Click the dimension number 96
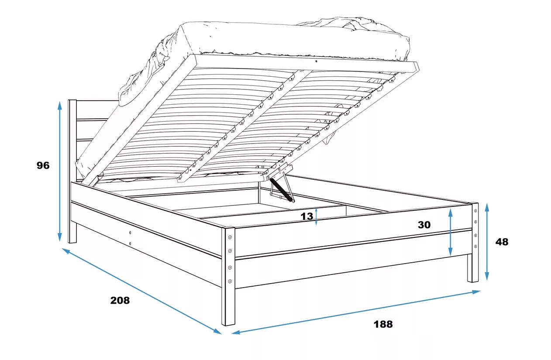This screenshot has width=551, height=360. (43, 165)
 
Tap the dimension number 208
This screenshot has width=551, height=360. (120, 300)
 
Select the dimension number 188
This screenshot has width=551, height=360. (383, 324)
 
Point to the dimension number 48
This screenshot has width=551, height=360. (502, 242)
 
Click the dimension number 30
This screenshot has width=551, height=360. (424, 225)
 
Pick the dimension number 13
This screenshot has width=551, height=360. (307, 216)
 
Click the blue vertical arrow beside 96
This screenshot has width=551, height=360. (59, 171)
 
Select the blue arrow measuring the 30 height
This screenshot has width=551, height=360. (451, 232)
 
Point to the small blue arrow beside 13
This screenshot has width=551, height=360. (316, 216)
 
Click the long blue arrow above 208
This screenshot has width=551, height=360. (142, 291)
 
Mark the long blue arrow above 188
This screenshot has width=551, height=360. (356, 312)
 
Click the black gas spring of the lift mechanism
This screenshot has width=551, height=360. (282, 190)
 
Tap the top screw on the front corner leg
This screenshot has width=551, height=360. (230, 237)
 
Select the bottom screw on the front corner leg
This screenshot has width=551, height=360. (230, 281)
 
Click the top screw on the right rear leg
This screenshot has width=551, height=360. (475, 211)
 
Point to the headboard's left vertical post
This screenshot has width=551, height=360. (72, 171)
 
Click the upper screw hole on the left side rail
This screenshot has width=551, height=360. (130, 233)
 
